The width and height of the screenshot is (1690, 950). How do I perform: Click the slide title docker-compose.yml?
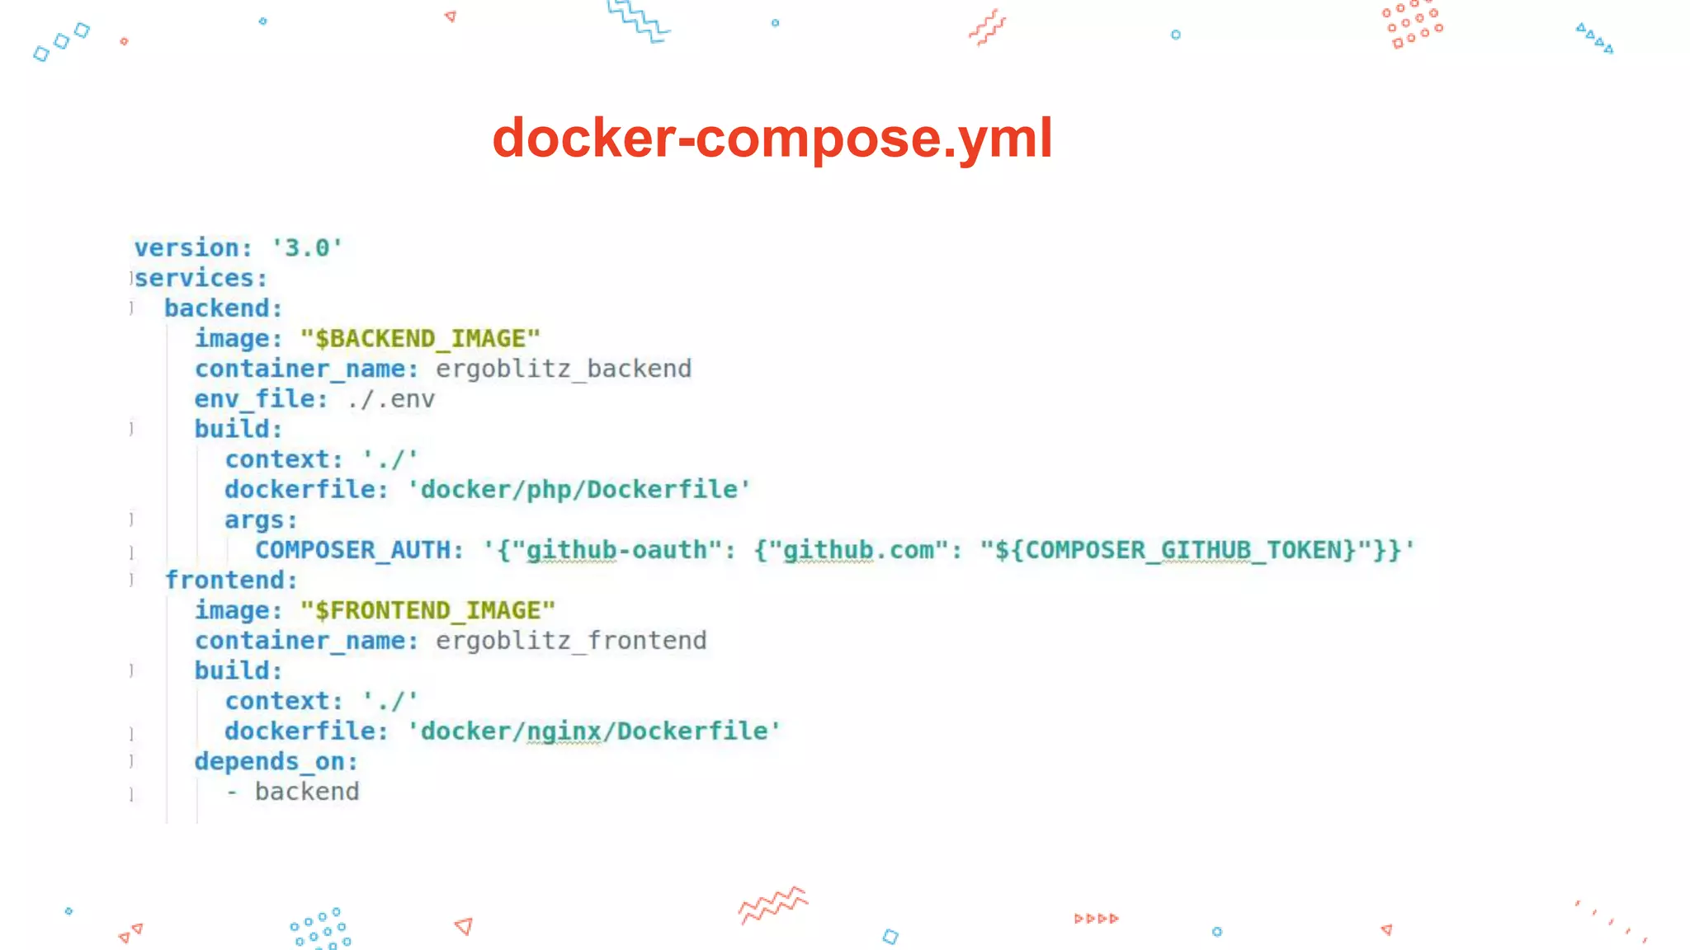(x=772, y=137)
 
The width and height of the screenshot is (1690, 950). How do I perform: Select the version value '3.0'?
(x=306, y=247)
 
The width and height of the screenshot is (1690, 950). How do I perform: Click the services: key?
(x=201, y=278)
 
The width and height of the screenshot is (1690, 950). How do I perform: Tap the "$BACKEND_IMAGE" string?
(x=419, y=338)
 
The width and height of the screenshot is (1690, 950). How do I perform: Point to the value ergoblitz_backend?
(x=564, y=369)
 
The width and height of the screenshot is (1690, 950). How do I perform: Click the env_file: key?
(x=261, y=399)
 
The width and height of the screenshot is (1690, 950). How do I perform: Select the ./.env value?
(x=390, y=399)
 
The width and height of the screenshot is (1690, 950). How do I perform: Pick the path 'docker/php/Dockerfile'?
(x=578, y=489)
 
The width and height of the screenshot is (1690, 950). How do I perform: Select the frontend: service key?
(x=231, y=580)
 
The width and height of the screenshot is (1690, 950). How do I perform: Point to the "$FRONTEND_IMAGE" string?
(x=427, y=610)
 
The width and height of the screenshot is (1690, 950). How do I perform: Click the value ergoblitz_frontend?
(x=571, y=641)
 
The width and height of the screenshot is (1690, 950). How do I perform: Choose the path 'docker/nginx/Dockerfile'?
(x=593, y=731)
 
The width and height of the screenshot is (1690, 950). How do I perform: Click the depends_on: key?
(x=276, y=761)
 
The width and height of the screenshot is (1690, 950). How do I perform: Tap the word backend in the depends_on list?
(x=307, y=792)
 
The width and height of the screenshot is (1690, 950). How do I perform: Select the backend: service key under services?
(x=224, y=308)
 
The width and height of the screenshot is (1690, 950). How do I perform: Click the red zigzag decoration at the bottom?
(x=772, y=905)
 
